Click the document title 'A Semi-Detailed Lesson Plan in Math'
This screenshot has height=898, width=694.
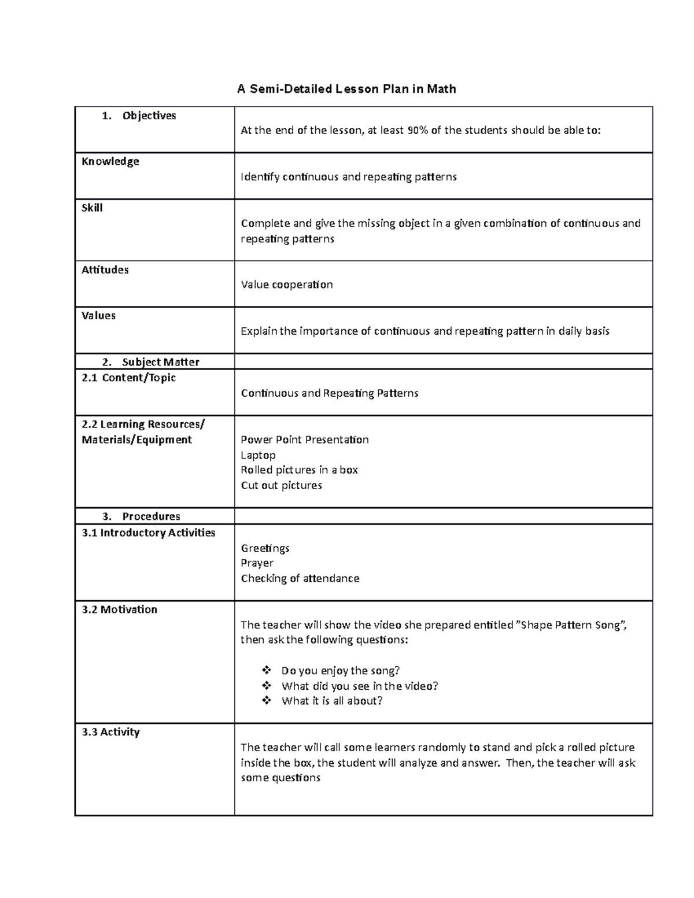[x=346, y=89]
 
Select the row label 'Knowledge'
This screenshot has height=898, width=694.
[x=110, y=161]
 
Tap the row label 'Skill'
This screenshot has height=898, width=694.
[x=92, y=208]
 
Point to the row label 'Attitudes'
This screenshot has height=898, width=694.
[x=105, y=269]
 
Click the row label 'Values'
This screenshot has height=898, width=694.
[x=98, y=316]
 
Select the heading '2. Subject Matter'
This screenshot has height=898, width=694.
[x=150, y=362]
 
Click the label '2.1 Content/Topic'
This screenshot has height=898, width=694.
[x=128, y=378]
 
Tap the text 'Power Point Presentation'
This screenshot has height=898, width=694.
[x=304, y=439]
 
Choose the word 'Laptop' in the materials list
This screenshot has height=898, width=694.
[x=258, y=455]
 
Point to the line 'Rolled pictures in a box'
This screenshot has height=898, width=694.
[x=299, y=470]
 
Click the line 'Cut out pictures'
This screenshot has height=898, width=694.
[x=281, y=486]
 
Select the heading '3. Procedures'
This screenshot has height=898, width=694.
[x=141, y=516]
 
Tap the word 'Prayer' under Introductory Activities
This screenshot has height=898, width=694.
[x=257, y=563]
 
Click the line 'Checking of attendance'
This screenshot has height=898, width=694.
[x=300, y=579]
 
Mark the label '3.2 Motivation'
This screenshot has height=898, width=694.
[x=119, y=609]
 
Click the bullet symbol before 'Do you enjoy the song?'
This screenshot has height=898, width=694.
[x=266, y=671]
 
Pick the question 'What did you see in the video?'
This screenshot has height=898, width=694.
[x=360, y=686]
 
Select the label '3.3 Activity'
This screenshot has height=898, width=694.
[x=110, y=732]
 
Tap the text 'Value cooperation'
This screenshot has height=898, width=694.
[x=286, y=285]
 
